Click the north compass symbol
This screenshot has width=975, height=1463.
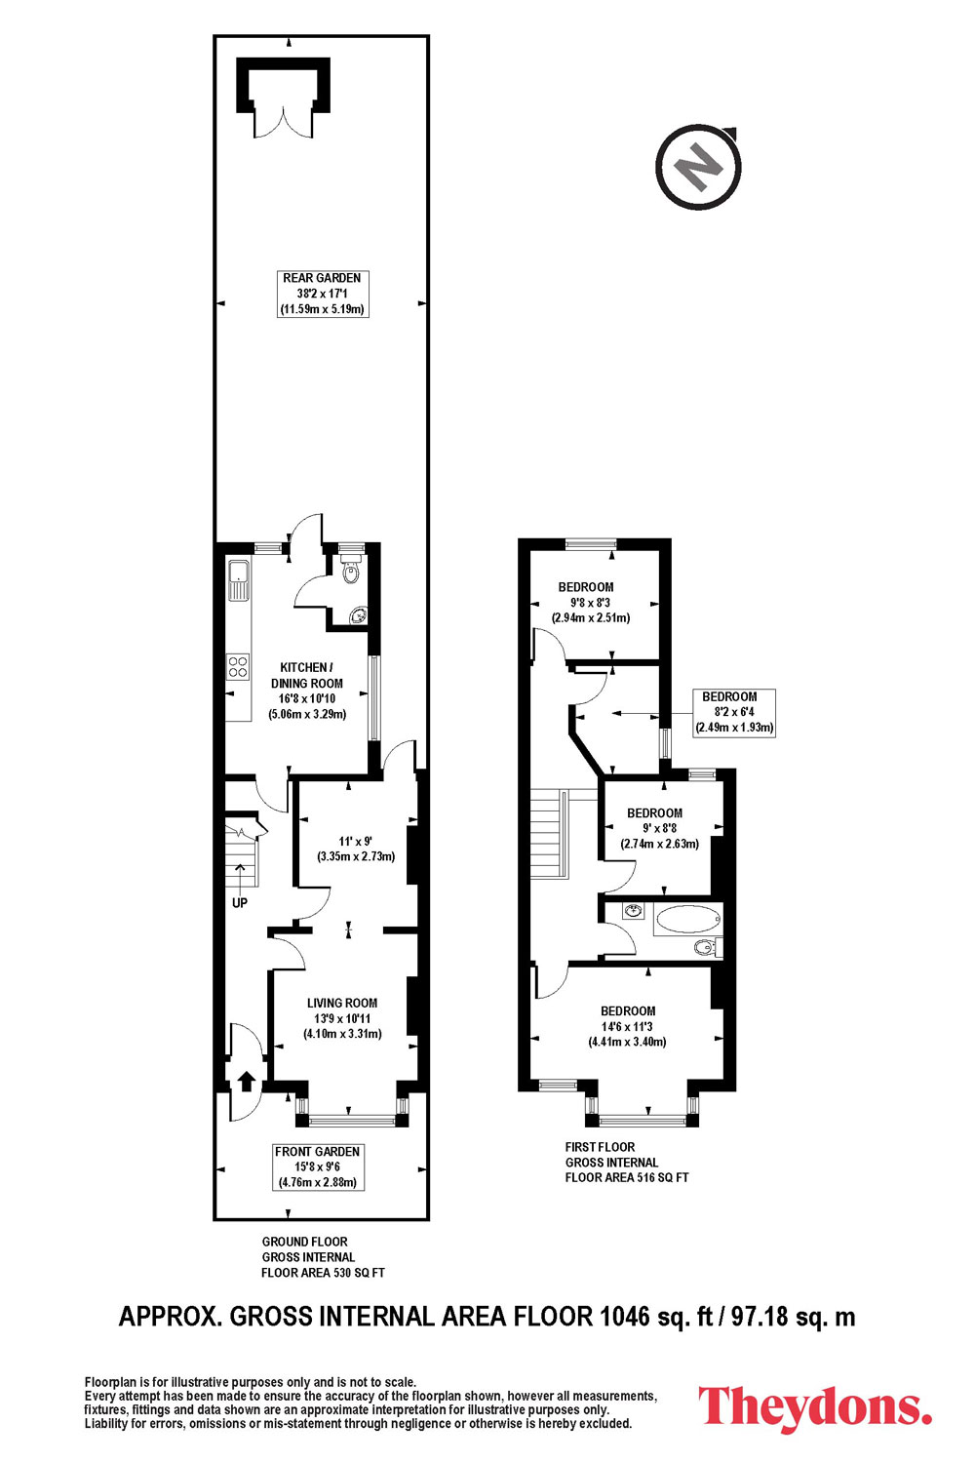pyautogui.click(x=698, y=167)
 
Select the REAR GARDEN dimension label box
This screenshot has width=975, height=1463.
pyautogui.click(x=323, y=294)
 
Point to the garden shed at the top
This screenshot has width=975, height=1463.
pyautogui.click(x=283, y=98)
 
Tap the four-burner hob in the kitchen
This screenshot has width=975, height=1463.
pyautogui.click(x=238, y=665)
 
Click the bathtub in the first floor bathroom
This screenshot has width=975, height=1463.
pyautogui.click(x=688, y=921)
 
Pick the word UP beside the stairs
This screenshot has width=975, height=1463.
pyautogui.click(x=240, y=902)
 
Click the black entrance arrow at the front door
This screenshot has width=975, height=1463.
pyautogui.click(x=246, y=1082)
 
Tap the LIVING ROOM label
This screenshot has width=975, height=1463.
pyautogui.click(x=342, y=1003)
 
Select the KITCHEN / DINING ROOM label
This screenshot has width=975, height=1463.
pyautogui.click(x=307, y=675)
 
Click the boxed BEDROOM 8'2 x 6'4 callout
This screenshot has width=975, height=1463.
pyautogui.click(x=734, y=713)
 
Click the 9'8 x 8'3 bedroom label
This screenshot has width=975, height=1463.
pyautogui.click(x=591, y=602)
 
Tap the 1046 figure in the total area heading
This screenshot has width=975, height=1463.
pyautogui.click(x=625, y=1316)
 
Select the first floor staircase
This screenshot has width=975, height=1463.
pyautogui.click(x=547, y=833)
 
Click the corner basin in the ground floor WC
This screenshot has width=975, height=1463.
pyautogui.click(x=359, y=614)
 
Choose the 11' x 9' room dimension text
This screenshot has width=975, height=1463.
pyautogui.click(x=356, y=849)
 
